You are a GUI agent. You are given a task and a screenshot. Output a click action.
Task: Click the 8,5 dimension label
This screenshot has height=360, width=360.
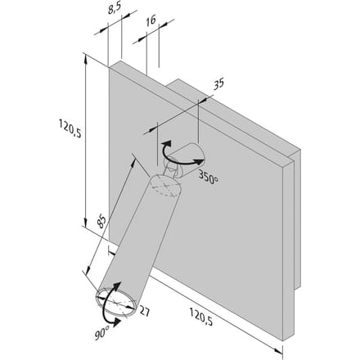[115, 9]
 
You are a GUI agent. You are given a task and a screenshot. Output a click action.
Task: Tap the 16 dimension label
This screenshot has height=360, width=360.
[151, 20]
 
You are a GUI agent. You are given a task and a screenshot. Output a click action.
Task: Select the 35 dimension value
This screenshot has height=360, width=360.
[218, 84]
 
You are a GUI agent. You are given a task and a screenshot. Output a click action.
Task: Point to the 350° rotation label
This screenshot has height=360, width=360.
[209, 177]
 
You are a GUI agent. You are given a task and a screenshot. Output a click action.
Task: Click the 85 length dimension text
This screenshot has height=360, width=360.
[101, 222]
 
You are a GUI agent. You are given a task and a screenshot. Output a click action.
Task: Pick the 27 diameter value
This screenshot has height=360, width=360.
[145, 311]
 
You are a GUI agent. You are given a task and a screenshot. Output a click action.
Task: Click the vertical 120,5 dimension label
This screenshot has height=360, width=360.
[70, 128]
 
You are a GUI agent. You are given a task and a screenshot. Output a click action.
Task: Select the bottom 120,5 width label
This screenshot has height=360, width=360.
[201, 317]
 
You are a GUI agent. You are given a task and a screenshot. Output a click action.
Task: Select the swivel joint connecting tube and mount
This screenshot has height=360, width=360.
[172, 169]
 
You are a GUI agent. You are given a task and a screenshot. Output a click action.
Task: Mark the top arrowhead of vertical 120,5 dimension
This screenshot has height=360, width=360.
[86, 57]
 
